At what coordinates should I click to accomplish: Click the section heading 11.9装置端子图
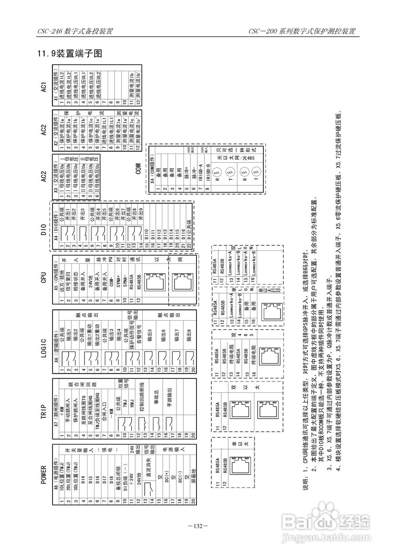[70, 54]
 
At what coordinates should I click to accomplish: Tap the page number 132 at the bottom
[198, 526]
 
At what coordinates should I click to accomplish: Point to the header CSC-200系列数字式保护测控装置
[301, 31]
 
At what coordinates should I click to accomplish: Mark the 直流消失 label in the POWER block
[151, 466]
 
